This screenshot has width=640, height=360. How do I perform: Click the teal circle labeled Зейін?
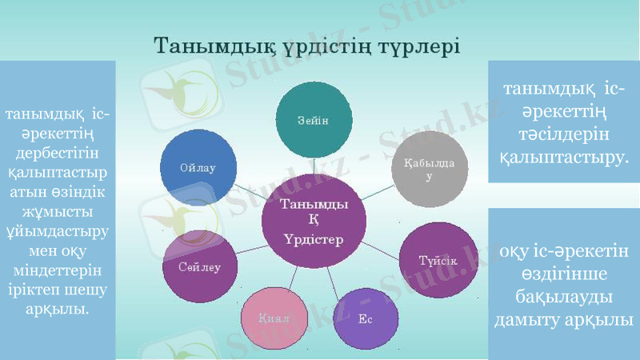pyautogui.click(x=314, y=119)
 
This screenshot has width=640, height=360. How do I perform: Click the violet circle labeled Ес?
pyautogui.click(x=365, y=319)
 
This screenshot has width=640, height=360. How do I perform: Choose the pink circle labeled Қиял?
pyautogui.click(x=274, y=318)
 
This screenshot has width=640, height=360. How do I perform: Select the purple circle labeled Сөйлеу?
pyautogui.click(x=199, y=266)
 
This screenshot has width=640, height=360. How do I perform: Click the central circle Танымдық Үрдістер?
pyautogui.click(x=314, y=222)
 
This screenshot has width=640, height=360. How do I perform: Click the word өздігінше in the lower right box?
pyautogui.click(x=564, y=274)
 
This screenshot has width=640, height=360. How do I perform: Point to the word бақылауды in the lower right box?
pyautogui.click(x=564, y=297)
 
